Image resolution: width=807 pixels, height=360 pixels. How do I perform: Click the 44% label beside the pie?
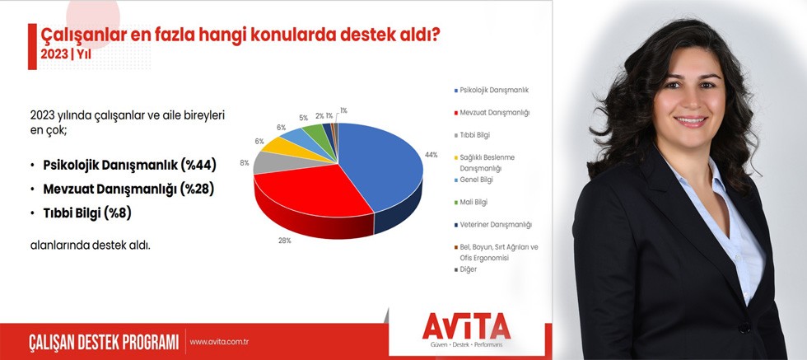431,155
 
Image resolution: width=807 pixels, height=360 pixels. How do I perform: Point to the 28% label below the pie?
285,241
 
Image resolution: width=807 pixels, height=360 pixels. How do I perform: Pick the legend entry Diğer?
465,269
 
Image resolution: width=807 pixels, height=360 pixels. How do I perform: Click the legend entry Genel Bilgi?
473,180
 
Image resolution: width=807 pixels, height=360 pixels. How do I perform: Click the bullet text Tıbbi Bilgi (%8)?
87,213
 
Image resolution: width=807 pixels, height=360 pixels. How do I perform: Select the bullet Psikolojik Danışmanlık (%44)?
130,166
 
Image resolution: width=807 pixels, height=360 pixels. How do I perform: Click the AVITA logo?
466,328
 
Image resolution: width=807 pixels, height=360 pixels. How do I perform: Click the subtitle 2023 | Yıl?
66,54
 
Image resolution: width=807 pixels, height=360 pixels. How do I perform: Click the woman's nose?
688,103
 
